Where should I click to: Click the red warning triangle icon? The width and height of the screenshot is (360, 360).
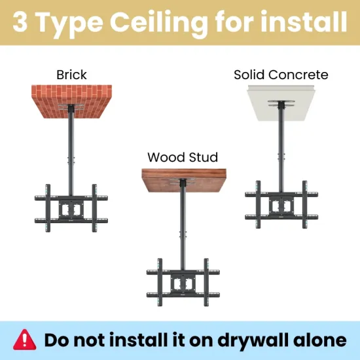point(25,340)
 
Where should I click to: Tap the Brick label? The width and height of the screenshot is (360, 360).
point(71,75)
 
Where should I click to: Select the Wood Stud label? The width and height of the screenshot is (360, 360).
point(183,157)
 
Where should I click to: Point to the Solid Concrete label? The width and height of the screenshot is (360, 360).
point(281,75)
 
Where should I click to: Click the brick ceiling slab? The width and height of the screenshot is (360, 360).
point(71,101)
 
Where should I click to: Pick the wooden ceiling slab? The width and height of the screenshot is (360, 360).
point(184,181)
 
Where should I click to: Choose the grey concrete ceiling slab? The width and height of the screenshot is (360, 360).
point(281,103)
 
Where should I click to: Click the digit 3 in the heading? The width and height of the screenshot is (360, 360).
point(20,22)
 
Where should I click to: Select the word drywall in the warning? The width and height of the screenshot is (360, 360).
point(253,340)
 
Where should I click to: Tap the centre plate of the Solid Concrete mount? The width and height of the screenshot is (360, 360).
point(281,205)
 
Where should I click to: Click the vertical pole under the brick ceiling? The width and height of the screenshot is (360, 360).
point(71,153)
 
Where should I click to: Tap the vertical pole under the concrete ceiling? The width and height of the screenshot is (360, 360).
point(281,150)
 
